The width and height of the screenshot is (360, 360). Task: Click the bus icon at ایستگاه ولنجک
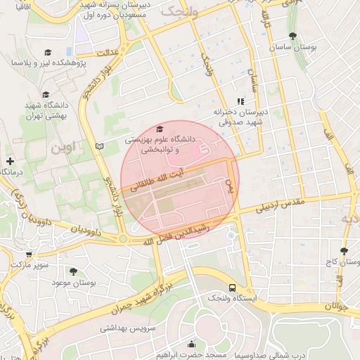(233, 288)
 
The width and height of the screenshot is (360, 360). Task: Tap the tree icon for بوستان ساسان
(292, 37)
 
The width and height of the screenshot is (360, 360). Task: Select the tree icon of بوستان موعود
(72, 270)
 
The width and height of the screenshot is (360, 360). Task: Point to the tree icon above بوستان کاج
(344, 251)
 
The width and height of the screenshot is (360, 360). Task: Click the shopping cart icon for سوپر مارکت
(27, 255)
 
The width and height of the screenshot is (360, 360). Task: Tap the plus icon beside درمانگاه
(10, 161)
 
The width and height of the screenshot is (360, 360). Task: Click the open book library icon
(99, 145)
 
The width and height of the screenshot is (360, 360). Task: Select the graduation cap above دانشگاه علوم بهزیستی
(160, 129)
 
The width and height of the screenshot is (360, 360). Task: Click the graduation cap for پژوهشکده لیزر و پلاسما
(47, 53)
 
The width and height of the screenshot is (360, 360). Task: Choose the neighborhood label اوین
(63, 148)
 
